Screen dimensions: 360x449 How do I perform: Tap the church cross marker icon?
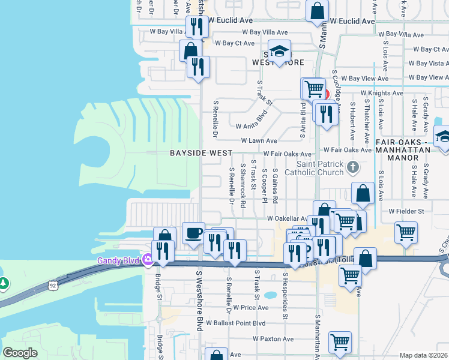354,166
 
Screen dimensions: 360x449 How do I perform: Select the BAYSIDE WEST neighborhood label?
200,153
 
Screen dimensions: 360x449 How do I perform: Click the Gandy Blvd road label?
118,260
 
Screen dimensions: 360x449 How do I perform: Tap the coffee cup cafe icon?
193,233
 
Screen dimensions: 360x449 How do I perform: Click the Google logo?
20,353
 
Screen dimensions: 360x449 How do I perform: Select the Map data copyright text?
423,355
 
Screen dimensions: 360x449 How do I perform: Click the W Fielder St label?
406,211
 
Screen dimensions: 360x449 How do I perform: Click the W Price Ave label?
251,307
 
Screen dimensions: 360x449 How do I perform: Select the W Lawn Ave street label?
259,141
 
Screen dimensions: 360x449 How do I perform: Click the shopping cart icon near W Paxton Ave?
340,342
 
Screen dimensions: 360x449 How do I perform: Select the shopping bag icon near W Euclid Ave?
317,11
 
